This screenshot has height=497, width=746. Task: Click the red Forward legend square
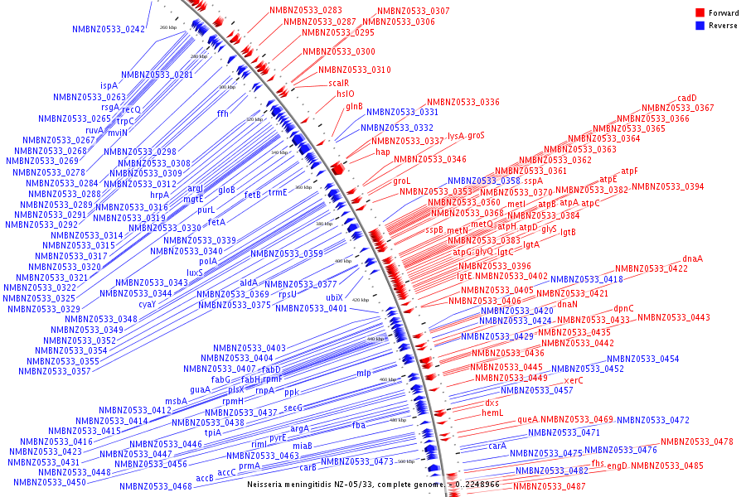pyautogui.click(x=700, y=13)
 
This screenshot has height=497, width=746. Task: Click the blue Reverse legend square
pyautogui.click(x=700, y=26)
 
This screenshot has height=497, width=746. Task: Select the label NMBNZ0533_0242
pyautogui.click(x=109, y=30)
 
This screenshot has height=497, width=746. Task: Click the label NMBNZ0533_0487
pyautogui.click(x=549, y=486)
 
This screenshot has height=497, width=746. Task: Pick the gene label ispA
pyautogui.click(x=109, y=85)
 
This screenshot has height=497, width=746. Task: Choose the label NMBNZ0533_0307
pyautogui.click(x=414, y=11)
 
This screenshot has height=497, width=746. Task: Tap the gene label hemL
pyautogui.click(x=492, y=413)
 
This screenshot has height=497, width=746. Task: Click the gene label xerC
pyautogui.click(x=574, y=380)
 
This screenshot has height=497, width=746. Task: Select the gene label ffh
pyautogui.click(x=222, y=113)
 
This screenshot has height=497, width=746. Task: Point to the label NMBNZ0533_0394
pyautogui.click(x=667, y=186)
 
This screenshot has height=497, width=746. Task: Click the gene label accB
pyautogui.click(x=205, y=478)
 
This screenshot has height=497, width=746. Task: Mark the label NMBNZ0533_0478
pyautogui.click(x=697, y=442)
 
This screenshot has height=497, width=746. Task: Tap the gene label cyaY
pyautogui.click(x=148, y=304)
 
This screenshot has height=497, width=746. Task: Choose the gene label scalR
pyautogui.click(x=338, y=83)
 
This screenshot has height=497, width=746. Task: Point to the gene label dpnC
pyautogui.click(x=623, y=308)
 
